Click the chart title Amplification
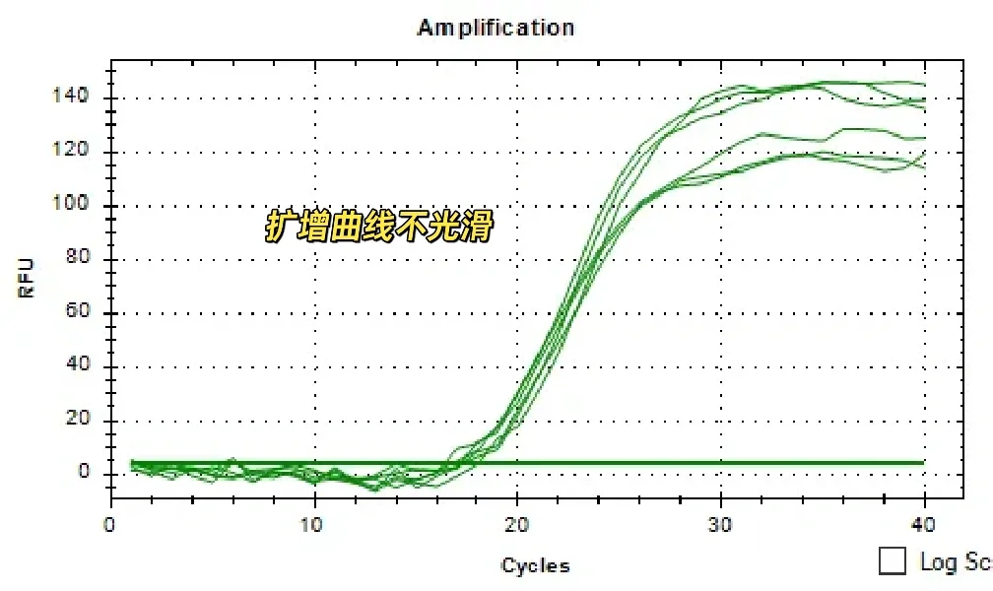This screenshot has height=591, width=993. pos(496,28)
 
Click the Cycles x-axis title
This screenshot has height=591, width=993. pos(535,565)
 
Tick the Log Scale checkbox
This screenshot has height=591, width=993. pos(893,561)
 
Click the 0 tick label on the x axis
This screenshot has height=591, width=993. pos(111,525)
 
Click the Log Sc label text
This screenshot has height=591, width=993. pos(954,561)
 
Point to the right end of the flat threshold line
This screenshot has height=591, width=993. pos(923,462)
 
